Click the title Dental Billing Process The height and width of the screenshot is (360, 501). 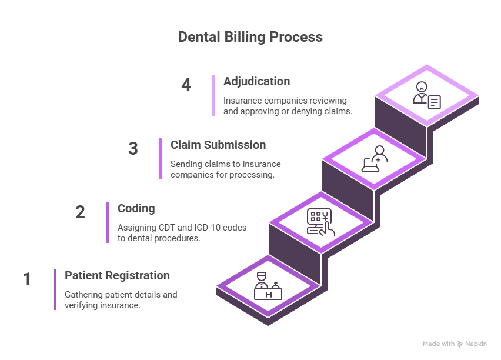click(250, 37)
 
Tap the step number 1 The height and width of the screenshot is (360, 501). click(27, 279)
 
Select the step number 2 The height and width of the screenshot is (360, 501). click(81, 212)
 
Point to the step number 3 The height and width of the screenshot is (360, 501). click(133, 148)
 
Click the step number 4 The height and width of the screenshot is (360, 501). click(186, 85)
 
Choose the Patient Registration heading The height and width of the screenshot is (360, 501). click(117, 276)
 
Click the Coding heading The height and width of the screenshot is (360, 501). click(136, 209)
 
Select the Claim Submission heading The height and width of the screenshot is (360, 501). click(218, 145)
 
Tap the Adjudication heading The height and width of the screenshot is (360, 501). click(256, 82)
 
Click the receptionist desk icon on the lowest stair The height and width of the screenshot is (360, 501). click(268, 285)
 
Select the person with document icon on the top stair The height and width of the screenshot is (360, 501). click(426, 95)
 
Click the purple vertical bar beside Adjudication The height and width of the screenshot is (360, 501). click(213, 95)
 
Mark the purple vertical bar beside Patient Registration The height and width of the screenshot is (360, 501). click(55, 289)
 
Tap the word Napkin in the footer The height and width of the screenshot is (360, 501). click(476, 344)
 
